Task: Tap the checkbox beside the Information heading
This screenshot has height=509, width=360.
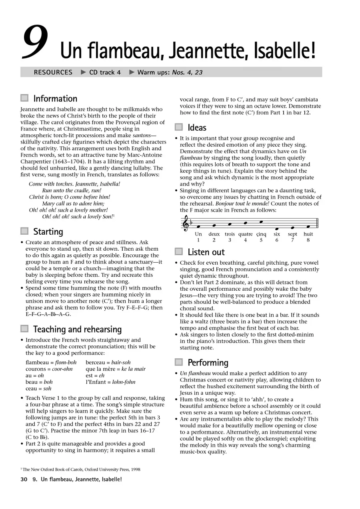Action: pos(24,98)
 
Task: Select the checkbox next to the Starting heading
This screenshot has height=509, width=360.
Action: pos(24,231)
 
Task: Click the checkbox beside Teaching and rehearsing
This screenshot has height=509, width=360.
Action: pos(24,329)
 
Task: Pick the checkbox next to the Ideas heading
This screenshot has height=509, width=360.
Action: pos(179,127)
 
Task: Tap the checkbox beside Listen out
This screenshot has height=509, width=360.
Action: pos(179,252)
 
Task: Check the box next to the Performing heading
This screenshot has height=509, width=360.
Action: pos(179,362)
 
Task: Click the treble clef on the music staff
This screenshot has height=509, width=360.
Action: pos(185,224)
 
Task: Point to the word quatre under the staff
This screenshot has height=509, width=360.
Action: pos(245,234)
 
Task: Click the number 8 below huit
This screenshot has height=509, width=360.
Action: pos(308,240)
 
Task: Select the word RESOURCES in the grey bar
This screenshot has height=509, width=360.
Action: pos(53,72)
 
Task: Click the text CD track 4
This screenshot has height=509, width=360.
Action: pos(105,72)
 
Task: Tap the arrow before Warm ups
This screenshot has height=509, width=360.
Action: pos(132,72)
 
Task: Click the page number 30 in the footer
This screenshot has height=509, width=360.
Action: pos(24,479)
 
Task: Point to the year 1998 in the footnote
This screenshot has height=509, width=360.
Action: pos(134,469)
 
